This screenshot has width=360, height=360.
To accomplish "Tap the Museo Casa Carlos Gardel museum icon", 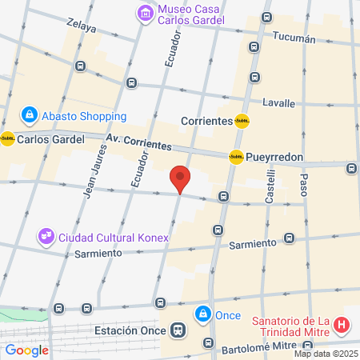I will click(145, 13).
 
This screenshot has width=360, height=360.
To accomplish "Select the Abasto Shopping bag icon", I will click(29, 115).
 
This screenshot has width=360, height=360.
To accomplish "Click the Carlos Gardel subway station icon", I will click(8, 138).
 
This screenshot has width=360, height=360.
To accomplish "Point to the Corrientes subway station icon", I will click(242, 122).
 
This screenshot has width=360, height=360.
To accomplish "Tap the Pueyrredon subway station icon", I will click(236, 157).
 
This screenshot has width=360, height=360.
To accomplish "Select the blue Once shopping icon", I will click(203, 314).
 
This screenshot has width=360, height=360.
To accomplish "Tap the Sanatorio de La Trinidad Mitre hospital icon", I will click(342, 326).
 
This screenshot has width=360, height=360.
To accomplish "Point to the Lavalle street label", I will click(278, 103).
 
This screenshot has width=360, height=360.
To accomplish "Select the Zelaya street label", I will click(82, 27).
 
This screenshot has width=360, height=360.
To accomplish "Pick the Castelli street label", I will click(271, 190).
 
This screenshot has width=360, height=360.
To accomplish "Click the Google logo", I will click(27, 350).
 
